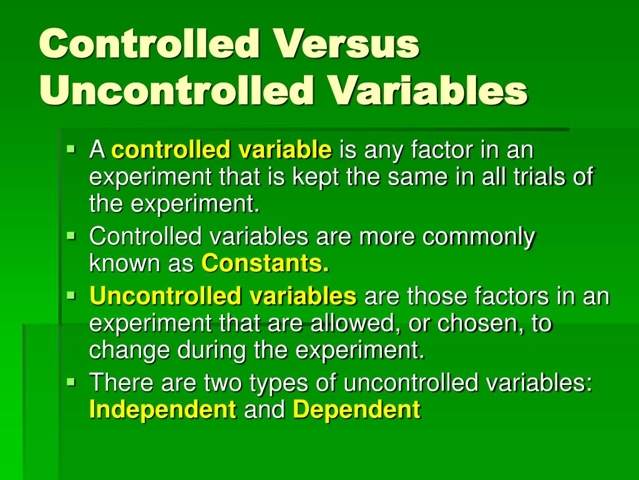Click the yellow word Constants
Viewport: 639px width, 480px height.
pos(265,264)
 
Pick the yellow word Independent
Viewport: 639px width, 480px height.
pos(163,410)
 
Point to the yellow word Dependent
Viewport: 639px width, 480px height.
pos(356,410)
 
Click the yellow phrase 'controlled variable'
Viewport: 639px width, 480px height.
pos(222,150)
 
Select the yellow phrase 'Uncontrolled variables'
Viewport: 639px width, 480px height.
pos(223,296)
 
